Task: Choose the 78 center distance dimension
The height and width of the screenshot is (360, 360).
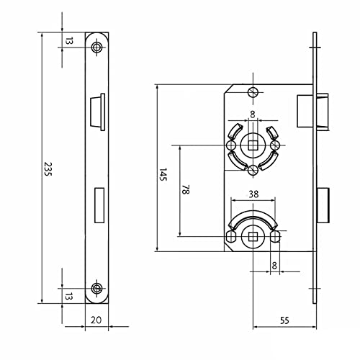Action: (186, 190)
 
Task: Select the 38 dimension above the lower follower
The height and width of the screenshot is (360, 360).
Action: (253, 194)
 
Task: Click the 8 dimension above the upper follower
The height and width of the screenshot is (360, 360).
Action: (253, 114)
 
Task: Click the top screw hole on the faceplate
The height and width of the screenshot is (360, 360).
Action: (97, 46)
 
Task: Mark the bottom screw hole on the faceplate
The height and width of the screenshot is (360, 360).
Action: (97, 289)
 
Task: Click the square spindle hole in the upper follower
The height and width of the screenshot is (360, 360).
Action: (252, 145)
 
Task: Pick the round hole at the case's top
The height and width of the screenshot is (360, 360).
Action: (252, 92)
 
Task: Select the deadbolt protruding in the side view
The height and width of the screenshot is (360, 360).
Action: (323, 203)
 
